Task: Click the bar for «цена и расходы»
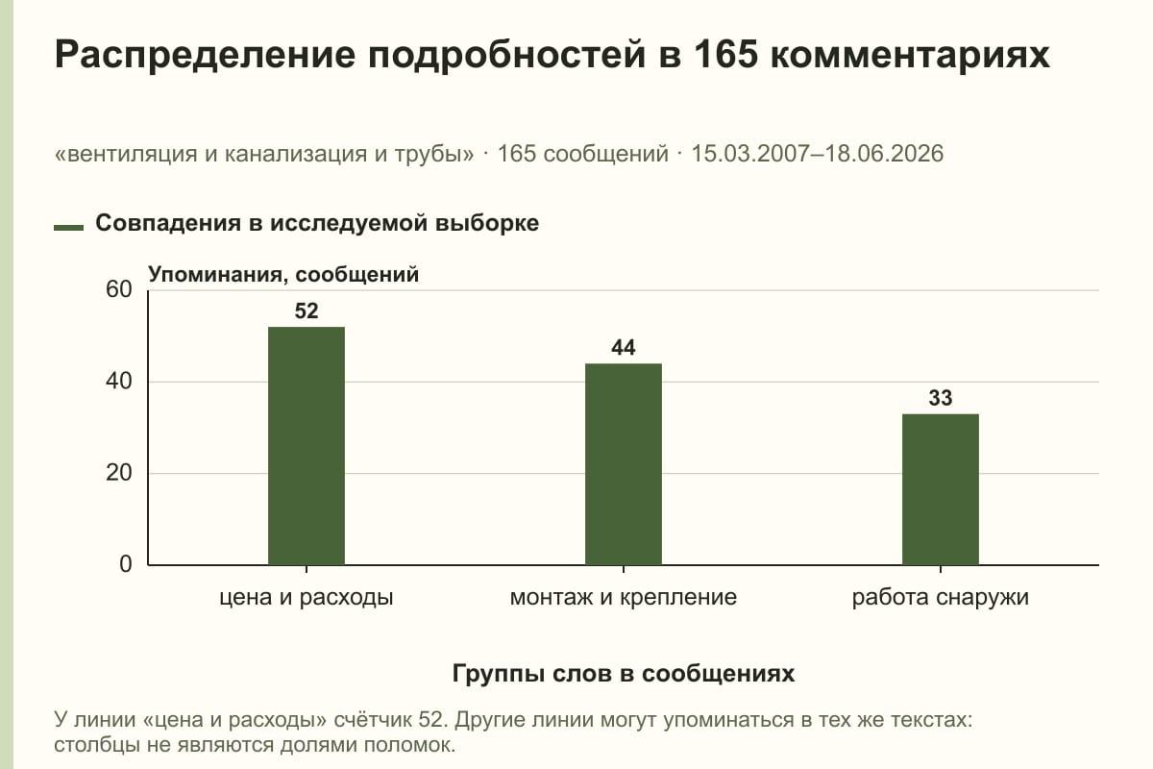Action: (307, 446)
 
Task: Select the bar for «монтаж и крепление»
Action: (624, 464)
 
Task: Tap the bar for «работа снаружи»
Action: (941, 489)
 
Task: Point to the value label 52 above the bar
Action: (307, 311)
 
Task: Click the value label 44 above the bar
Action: (624, 348)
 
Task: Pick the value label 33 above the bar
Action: (941, 398)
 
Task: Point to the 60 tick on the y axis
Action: (119, 289)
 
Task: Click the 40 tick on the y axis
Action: (119, 382)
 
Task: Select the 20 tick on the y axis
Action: (119, 473)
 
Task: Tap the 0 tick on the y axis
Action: (126, 564)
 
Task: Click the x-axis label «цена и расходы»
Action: (307, 598)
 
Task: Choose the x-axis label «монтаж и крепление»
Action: (624, 598)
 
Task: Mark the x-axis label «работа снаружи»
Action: (941, 598)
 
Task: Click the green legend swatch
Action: (68, 227)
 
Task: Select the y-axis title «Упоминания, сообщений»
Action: (283, 275)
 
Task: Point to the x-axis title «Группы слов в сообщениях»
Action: (624, 673)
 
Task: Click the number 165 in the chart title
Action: (725, 54)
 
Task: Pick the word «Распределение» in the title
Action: (205, 56)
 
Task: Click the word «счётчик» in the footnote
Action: (373, 720)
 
